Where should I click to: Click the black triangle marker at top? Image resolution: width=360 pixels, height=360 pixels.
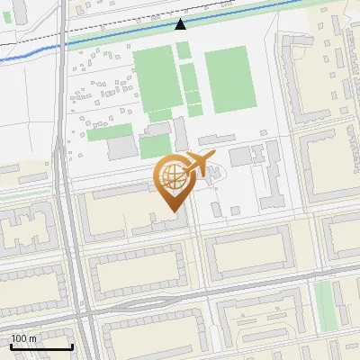(181, 24)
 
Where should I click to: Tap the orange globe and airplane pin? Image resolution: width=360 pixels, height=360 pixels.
(175, 180)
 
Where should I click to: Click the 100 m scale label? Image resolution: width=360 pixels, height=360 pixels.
(23, 338)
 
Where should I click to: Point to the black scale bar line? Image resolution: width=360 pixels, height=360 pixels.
(41, 346)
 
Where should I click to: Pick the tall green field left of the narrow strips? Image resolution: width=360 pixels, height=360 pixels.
(154, 79)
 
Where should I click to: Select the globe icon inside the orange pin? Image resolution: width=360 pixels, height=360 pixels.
(171, 176)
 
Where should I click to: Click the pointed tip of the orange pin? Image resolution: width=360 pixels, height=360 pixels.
(174, 211)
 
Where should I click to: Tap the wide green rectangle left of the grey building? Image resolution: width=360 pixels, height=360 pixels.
(109, 132)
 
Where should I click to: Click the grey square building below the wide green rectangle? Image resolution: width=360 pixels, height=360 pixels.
(121, 148)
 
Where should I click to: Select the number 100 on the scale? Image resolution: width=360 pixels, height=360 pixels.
(19, 338)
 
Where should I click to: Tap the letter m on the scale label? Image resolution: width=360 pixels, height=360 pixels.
(32, 338)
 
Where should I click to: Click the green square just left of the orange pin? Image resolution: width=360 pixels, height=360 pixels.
(154, 146)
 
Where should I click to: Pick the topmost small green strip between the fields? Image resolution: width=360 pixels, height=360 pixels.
(184, 50)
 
